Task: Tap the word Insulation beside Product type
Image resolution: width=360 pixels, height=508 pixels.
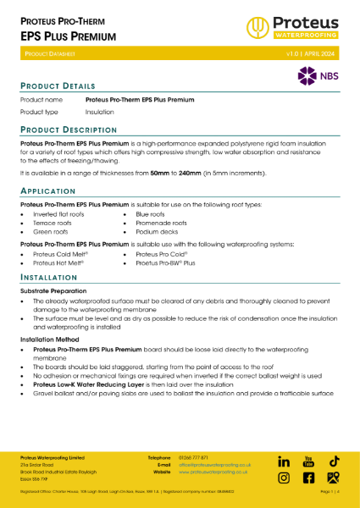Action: [x=100, y=111]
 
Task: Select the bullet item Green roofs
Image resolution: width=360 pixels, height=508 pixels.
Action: [x=51, y=231]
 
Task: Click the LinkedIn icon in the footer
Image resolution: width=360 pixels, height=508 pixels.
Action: [x=284, y=461]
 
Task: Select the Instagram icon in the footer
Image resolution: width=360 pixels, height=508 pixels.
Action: [x=284, y=478]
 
